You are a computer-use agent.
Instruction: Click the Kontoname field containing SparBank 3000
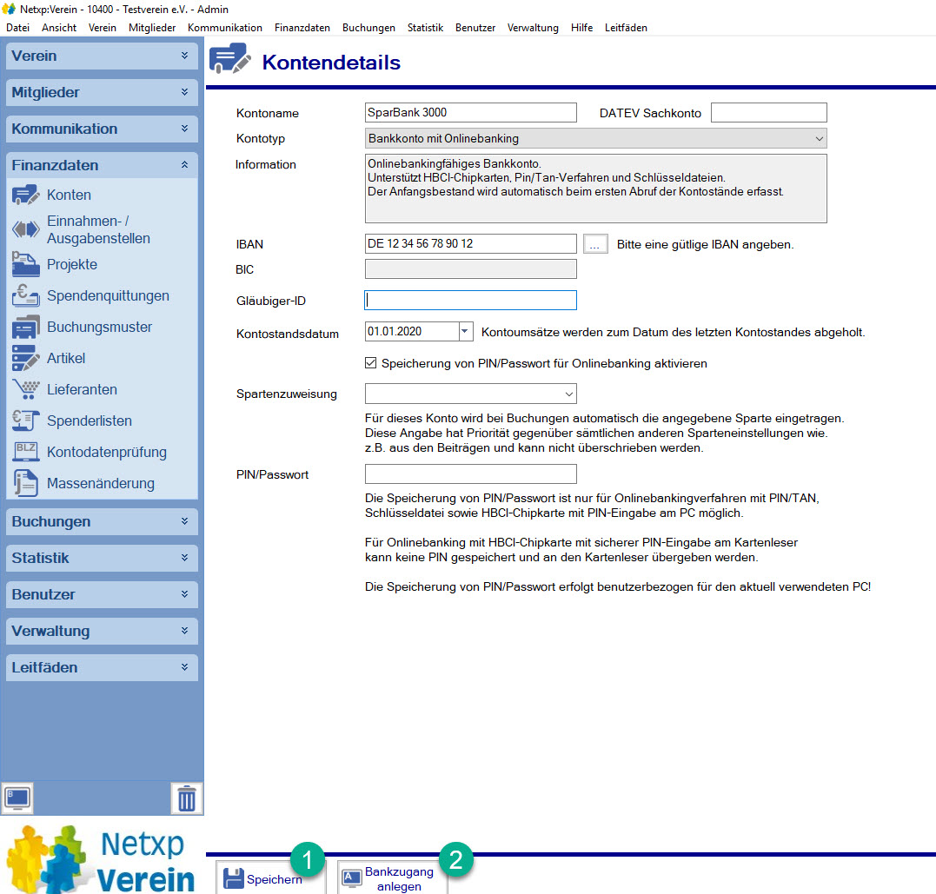pos(470,112)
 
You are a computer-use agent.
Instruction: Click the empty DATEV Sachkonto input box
pos(768,112)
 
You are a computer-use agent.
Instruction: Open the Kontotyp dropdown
pos(595,138)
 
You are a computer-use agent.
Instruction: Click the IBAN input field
pos(470,244)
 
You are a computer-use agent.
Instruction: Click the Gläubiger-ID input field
pos(470,301)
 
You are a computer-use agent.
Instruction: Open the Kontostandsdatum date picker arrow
pos(465,332)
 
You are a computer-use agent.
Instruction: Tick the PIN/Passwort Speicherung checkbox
pos(371,363)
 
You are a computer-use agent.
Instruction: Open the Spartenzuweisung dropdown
pos(470,394)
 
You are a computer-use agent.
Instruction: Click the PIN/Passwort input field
pos(470,474)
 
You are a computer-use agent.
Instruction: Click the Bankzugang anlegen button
pos(392,878)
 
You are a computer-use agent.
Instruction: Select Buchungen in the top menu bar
pos(368,28)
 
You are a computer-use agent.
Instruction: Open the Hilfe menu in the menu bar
pos(582,28)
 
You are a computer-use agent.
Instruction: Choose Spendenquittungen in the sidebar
pos(108,296)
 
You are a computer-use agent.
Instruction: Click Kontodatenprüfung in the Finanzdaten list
pos(106,453)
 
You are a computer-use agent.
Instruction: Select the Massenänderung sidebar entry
pos(100,484)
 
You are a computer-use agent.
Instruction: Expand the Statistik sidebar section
pos(102,558)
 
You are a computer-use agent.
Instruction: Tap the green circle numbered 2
pos(457,860)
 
